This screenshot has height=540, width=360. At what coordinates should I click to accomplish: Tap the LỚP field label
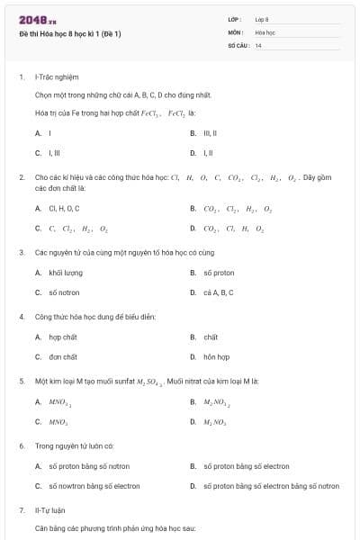(235, 19)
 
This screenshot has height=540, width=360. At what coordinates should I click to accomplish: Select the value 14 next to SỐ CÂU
(258, 45)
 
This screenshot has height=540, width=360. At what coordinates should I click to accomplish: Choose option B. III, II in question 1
(209, 132)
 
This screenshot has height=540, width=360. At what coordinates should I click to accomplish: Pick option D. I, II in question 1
(206, 152)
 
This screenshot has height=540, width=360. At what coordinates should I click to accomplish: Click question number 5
(22, 381)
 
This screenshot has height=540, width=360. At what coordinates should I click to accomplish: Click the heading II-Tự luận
(49, 510)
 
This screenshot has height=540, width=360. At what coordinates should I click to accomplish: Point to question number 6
(22, 445)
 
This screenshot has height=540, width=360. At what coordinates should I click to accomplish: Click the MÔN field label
(235, 31)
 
